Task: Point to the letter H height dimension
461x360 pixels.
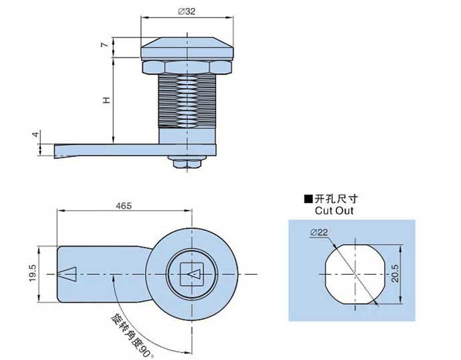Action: pos(105,100)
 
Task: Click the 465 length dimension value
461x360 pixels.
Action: pos(123,206)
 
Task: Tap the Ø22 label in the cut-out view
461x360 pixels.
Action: pos(319,232)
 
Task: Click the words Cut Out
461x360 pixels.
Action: pos(334,211)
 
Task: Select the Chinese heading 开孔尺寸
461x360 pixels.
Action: pos(338,198)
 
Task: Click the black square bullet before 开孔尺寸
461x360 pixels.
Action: pos(308,198)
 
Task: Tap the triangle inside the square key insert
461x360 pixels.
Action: pos(194,274)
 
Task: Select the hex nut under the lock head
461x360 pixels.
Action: pos(186,66)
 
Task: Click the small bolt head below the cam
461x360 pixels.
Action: pos(186,163)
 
